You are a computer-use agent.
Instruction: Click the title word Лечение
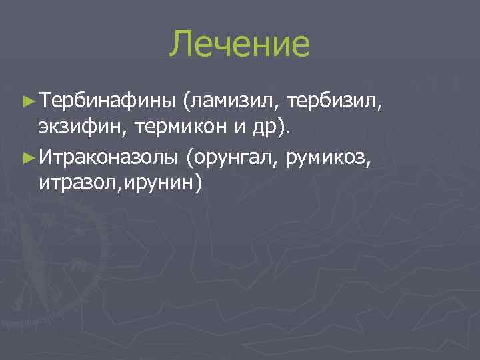pos(240,44)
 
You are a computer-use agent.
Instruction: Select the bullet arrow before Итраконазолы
pos(27,157)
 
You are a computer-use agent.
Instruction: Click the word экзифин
pos(75,129)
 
